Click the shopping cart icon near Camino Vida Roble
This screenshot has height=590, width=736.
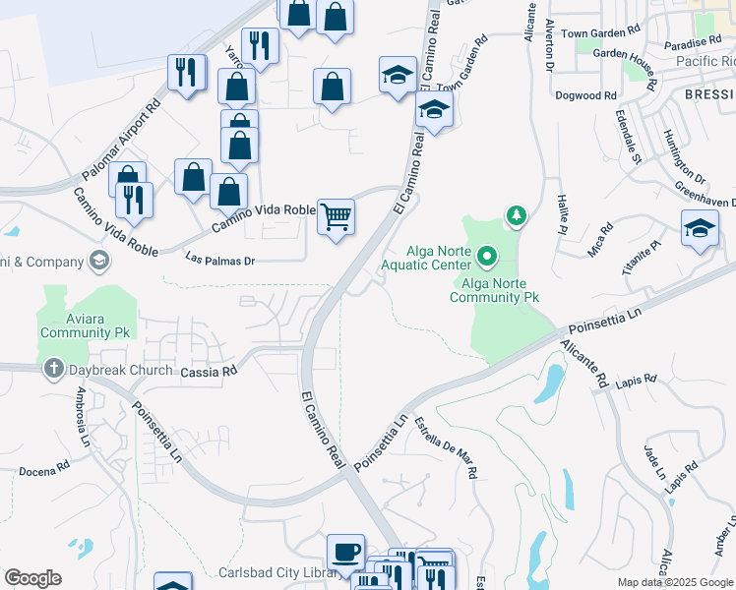[337, 216]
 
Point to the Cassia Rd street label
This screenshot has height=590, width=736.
[210, 372]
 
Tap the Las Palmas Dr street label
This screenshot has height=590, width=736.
[220, 261]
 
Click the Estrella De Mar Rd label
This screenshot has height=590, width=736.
[446, 448]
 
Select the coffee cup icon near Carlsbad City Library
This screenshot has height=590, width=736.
[345, 552]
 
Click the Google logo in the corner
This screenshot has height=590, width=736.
[32, 578]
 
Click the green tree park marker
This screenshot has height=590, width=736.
[514, 214]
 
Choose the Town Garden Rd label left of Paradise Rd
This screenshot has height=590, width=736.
[600, 33]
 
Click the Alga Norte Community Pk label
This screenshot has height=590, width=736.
[494, 296]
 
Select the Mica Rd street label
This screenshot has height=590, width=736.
[599, 239]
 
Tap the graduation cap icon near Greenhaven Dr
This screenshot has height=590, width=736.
[699, 228]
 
